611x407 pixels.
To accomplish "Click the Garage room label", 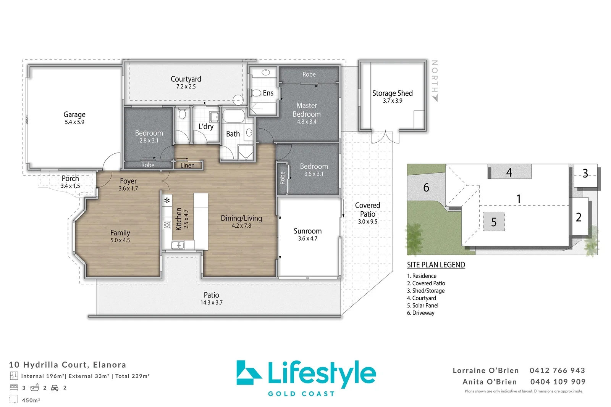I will click(x=74, y=114).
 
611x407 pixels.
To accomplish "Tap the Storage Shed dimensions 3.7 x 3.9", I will click(x=393, y=101).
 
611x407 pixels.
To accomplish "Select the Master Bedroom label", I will click(x=307, y=110).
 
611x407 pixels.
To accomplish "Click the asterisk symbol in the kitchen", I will click(x=167, y=200).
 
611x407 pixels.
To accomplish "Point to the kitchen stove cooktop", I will click(x=167, y=225).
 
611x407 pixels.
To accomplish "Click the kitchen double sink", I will click(x=178, y=245).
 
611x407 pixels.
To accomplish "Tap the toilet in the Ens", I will click(x=256, y=93).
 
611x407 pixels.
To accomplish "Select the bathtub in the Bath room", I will click(x=233, y=116).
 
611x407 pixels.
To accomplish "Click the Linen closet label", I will click(x=187, y=165).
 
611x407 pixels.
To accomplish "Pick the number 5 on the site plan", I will click(x=494, y=222).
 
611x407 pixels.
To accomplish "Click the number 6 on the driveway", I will click(x=426, y=187).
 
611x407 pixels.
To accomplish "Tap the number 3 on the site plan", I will click(x=585, y=174).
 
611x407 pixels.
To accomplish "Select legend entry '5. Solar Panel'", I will click(x=423, y=306).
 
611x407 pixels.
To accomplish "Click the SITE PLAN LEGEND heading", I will click(x=436, y=265).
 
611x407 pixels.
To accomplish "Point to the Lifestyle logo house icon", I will click(x=248, y=373).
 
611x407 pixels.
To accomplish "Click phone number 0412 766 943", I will click(x=557, y=370).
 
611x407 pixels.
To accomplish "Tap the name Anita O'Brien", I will click(x=490, y=382).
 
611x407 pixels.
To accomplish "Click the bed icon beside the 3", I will click(x=14, y=388).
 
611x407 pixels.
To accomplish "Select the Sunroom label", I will click(x=307, y=231).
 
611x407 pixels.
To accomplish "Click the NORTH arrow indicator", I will click(x=435, y=97).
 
